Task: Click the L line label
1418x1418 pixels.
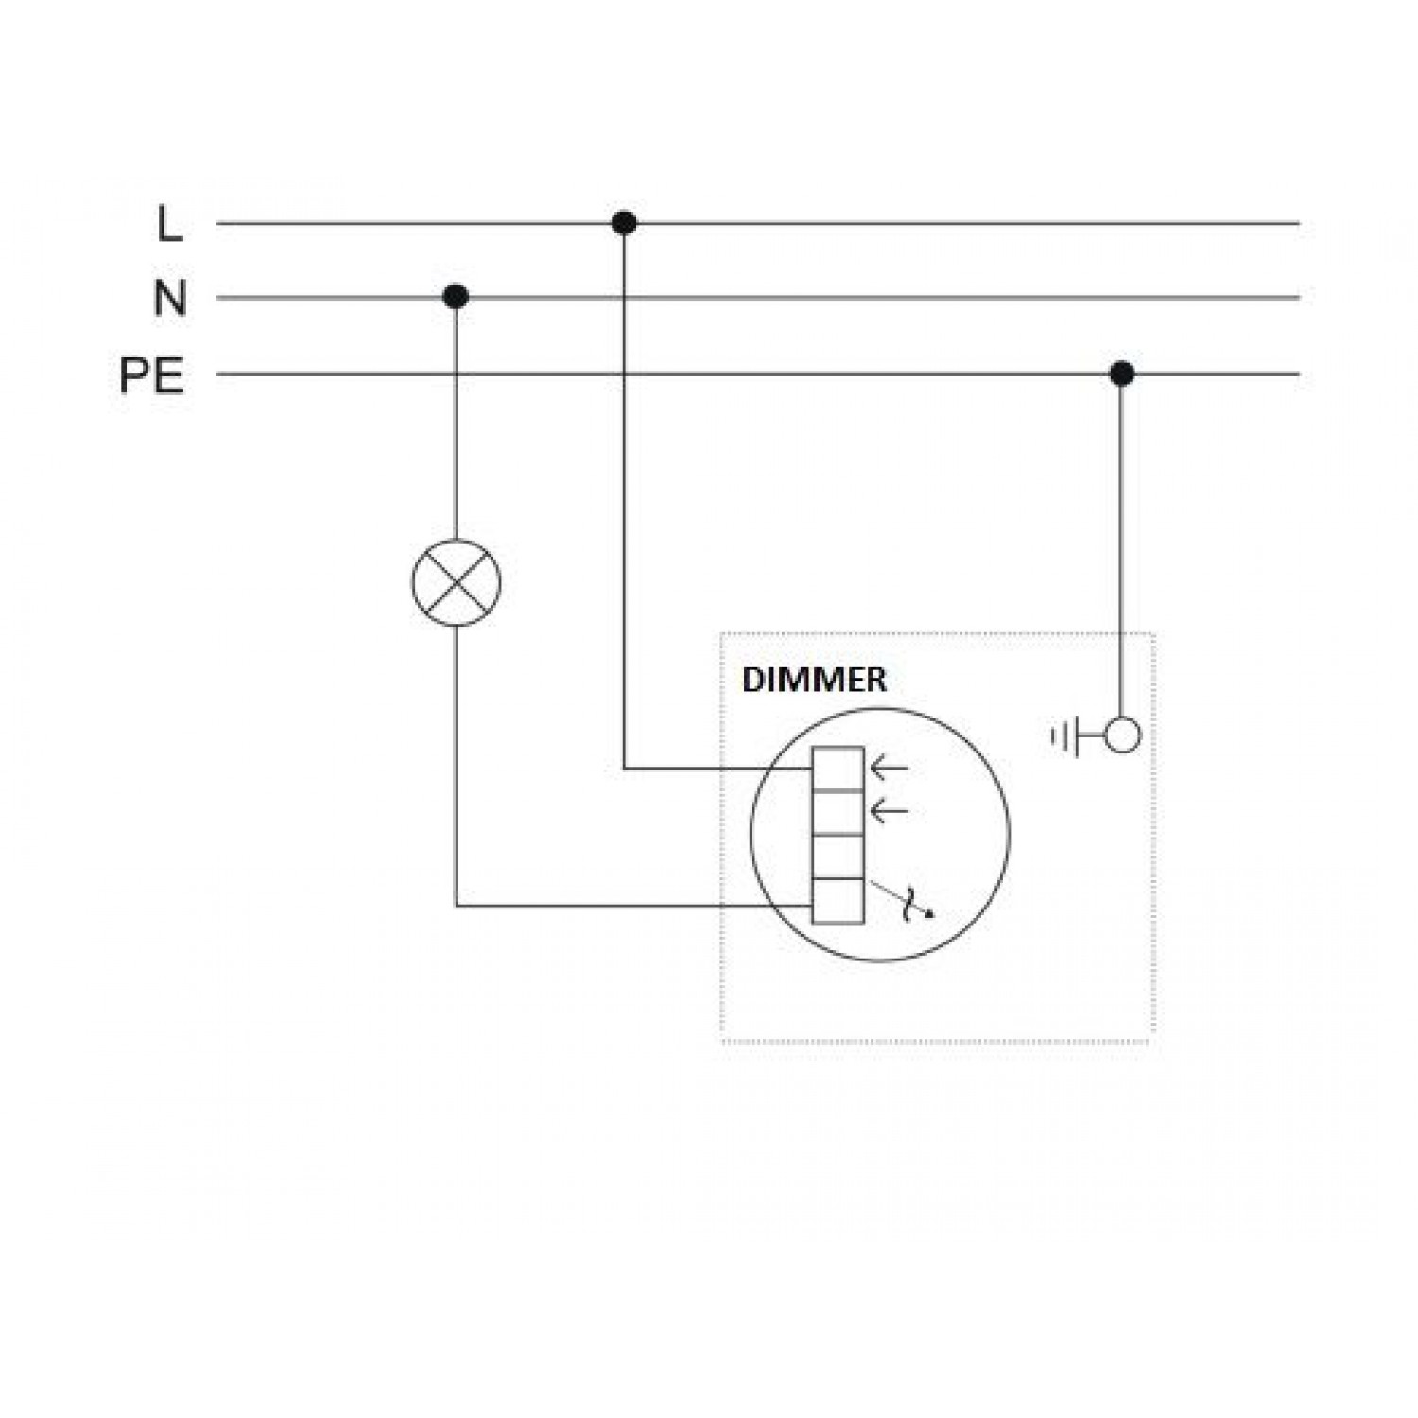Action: (169, 225)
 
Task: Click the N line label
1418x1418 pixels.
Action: (170, 299)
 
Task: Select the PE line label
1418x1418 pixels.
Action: (151, 376)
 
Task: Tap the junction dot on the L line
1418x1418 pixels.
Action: (624, 223)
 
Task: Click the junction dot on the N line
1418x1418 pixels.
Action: (456, 297)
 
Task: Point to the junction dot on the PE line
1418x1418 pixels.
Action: (1122, 373)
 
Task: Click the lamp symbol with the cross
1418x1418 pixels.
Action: (457, 582)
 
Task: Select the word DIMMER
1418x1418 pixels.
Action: (814, 680)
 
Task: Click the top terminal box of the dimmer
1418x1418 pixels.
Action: (838, 769)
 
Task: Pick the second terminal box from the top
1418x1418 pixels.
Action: (838, 812)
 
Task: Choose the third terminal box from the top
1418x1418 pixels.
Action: (838, 856)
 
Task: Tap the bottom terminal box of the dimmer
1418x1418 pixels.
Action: (838, 900)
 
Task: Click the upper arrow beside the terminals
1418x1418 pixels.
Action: (889, 768)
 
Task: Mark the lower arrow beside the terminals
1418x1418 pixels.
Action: (889, 810)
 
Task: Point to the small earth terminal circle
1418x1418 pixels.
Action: (1122, 735)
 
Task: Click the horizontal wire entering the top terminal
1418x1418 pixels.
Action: (718, 769)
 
